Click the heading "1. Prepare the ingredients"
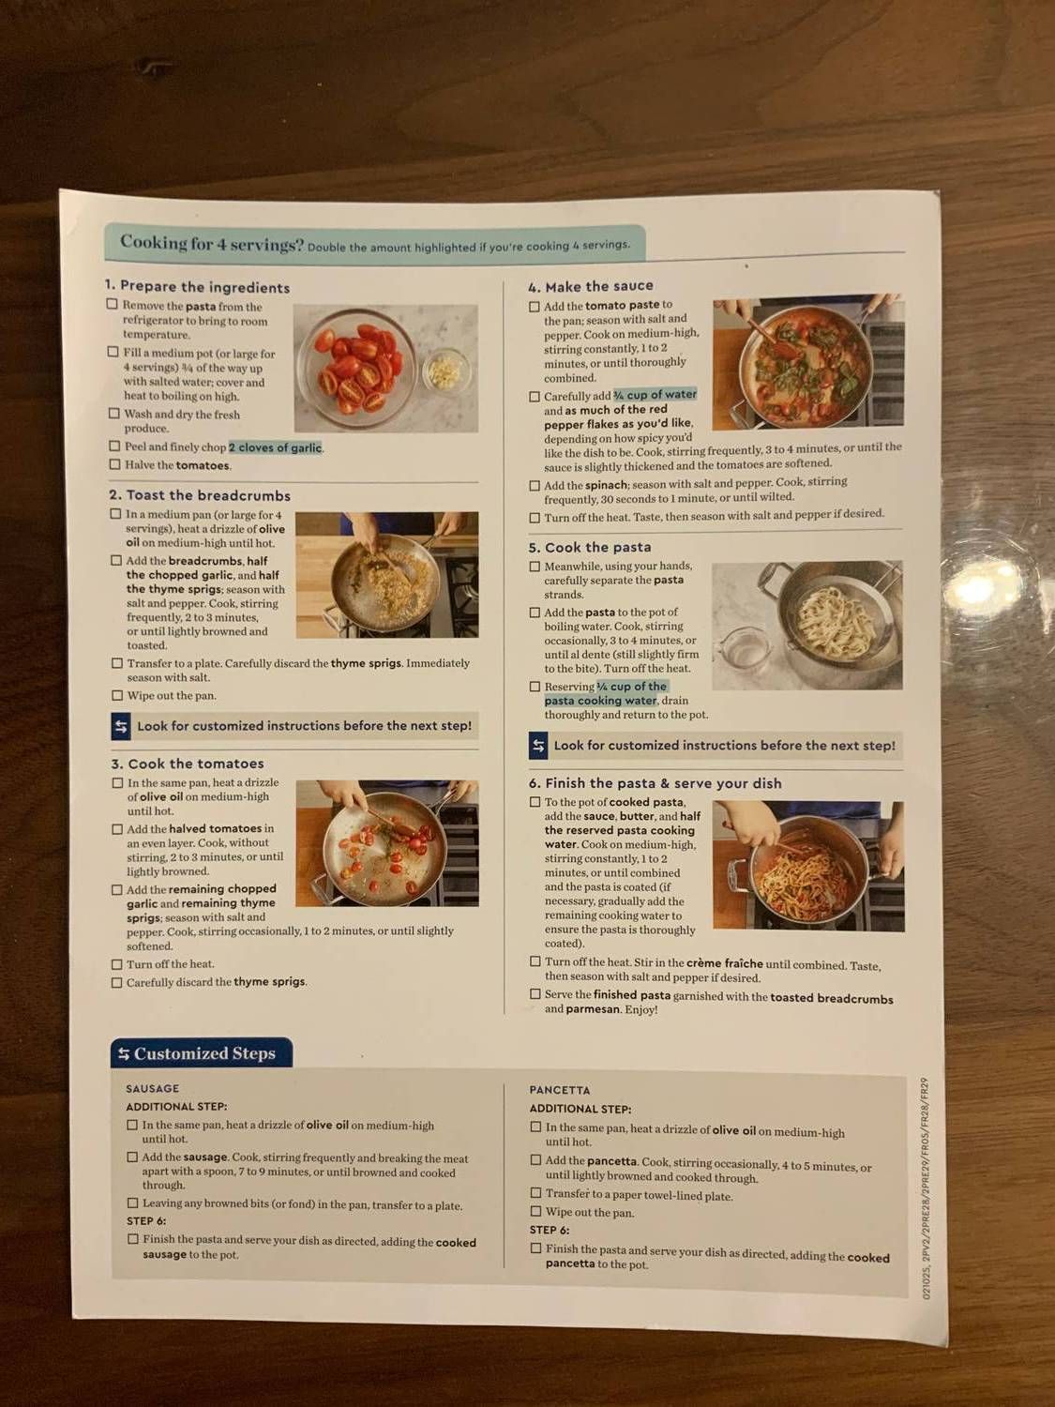click(x=197, y=287)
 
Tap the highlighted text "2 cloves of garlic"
click(x=276, y=447)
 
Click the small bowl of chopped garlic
click(x=444, y=370)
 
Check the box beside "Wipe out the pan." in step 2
click(x=117, y=695)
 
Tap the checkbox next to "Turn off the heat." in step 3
click(x=117, y=964)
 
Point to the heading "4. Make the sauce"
click(x=591, y=286)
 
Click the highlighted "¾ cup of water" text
click(x=656, y=395)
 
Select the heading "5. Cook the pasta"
click(x=590, y=547)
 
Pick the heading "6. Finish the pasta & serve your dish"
click(x=656, y=783)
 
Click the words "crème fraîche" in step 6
click(x=724, y=963)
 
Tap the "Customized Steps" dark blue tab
click(x=202, y=1053)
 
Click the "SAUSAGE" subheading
click(x=153, y=1088)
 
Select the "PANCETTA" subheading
click(x=560, y=1090)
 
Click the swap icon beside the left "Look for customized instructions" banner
click(x=121, y=726)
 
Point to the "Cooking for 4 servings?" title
click(x=212, y=243)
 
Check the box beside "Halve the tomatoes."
click(x=114, y=464)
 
